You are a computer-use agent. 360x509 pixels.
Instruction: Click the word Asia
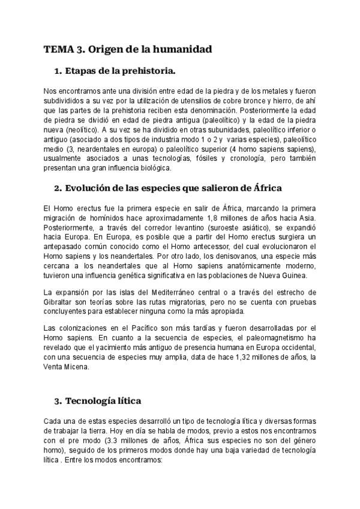coord(305,217)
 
